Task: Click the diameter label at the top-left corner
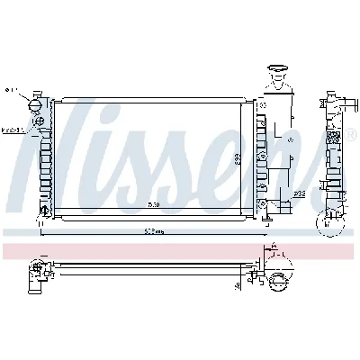click(x=10, y=90)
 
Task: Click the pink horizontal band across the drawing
click(x=180, y=250)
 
